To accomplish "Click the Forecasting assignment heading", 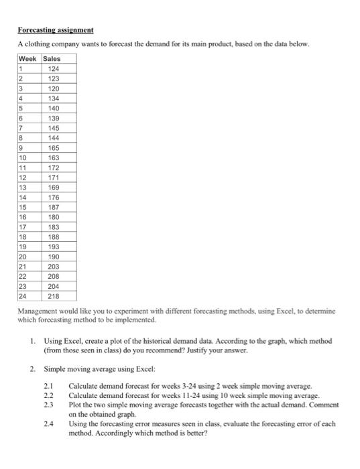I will (56, 31).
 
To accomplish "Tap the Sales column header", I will (52, 59).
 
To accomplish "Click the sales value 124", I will (54, 69).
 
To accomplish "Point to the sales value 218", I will (54, 295).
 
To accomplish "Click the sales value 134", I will (54, 99).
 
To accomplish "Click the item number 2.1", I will (48, 387).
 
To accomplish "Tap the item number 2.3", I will (48, 405).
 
